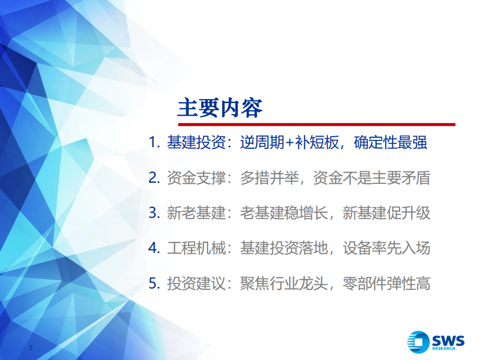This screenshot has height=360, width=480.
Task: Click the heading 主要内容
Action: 220,107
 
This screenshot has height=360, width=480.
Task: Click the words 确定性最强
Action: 390,143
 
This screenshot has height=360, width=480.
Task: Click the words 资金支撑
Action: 196,178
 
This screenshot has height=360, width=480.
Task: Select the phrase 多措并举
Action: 269,178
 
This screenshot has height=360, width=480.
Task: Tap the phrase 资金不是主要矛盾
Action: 371,178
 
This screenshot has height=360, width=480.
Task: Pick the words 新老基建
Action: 196,213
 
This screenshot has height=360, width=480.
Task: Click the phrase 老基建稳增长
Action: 284,213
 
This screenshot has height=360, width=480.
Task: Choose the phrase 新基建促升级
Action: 386,213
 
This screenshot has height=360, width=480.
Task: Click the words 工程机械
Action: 196,248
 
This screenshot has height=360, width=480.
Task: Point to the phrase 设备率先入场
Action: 386,248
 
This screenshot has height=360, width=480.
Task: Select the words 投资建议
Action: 196,284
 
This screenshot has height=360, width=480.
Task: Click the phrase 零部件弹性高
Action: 386,284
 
